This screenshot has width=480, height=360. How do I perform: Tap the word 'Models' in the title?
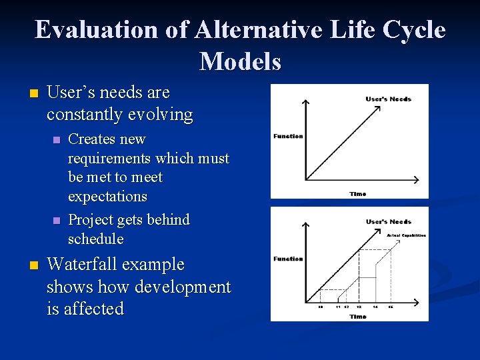[240, 61]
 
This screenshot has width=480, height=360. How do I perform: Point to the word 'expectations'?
[107, 197]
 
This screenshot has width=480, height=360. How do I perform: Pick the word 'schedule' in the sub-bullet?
[96, 239]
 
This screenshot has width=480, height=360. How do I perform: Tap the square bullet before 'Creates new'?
[56, 140]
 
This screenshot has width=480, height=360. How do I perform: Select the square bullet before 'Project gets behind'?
[56, 221]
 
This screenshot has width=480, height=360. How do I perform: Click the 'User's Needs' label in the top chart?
[388, 99]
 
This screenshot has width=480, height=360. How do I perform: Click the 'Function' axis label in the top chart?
[288, 136]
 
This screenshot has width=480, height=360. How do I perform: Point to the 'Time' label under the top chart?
[357, 193]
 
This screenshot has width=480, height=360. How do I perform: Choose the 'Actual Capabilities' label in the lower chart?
[406, 235]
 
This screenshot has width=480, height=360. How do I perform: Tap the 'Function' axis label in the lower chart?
[288, 259]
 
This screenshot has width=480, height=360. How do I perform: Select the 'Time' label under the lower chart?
[357, 316]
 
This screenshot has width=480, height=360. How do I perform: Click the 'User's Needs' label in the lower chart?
[388, 221]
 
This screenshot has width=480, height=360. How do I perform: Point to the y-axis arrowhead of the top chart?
[305, 101]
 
